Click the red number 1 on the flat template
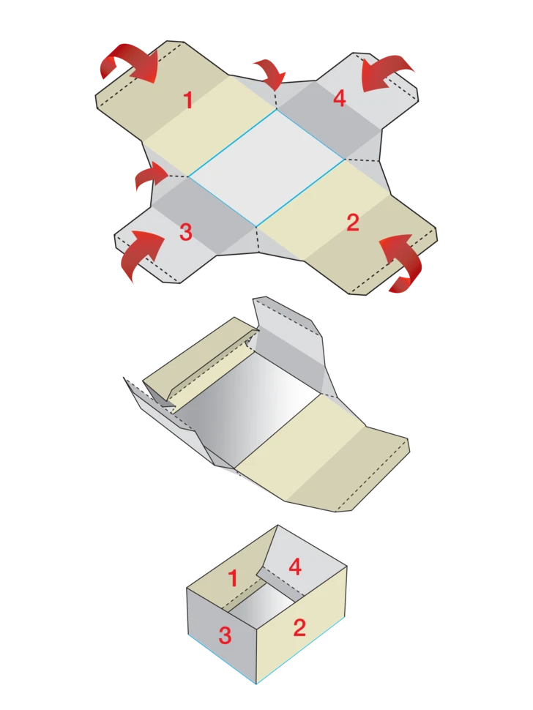[189, 100]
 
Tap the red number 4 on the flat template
[340, 98]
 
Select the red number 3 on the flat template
[186, 232]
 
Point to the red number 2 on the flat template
[352, 223]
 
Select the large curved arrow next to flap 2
[403, 263]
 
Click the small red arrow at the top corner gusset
[272, 72]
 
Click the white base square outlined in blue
[266, 168]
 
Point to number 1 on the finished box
[233, 579]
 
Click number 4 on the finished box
[295, 567]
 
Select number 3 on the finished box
[225, 635]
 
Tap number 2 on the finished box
[299, 627]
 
